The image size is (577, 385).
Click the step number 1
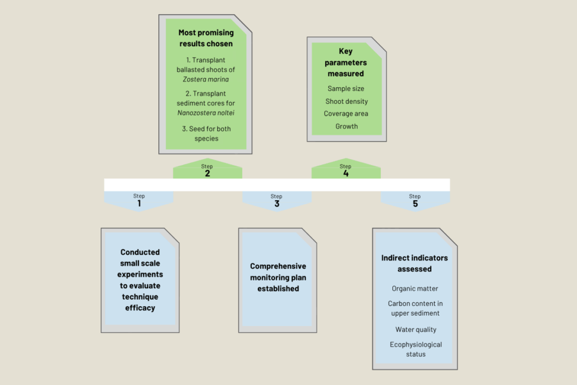coord(139,204)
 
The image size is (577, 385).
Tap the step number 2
coord(207,174)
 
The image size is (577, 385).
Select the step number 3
coord(276,204)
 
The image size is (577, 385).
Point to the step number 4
coord(346,174)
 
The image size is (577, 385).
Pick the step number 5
coord(415,204)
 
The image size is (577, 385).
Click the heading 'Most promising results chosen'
coord(205,38)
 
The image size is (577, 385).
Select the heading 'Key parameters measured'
coord(346,62)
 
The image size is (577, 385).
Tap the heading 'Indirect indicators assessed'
coord(415,263)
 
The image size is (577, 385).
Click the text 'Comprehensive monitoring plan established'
coord(278,277)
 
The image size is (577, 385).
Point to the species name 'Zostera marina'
coord(205,79)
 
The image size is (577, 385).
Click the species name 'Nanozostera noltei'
coord(205,114)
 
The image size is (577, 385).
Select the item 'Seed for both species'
coord(205,133)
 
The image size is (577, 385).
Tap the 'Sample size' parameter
coord(346,89)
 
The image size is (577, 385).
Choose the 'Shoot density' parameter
coord(346,101)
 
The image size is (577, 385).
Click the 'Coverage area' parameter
coord(346,114)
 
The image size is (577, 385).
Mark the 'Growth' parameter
coord(346,126)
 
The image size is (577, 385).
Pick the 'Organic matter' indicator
coord(415,289)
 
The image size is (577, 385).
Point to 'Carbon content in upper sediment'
coord(415,308)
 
